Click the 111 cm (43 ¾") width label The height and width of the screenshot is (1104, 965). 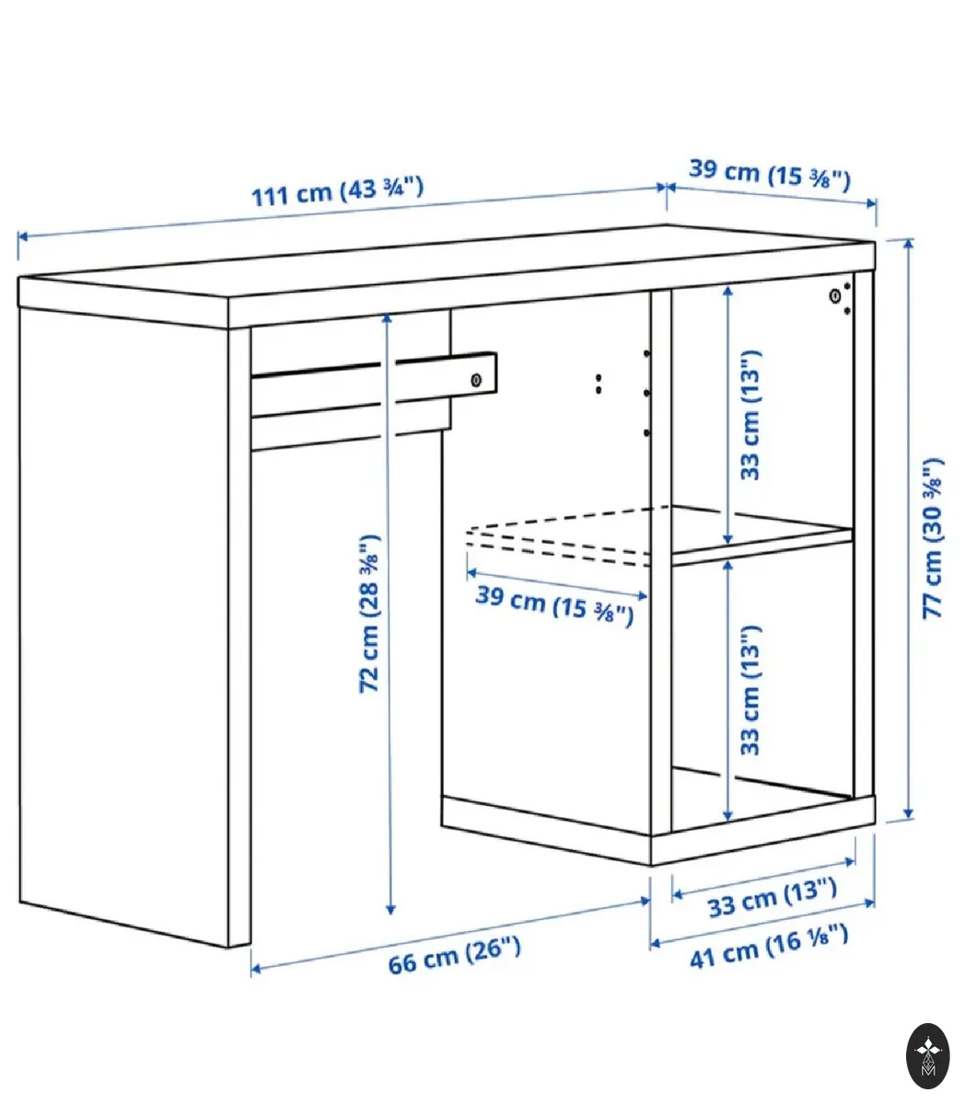coord(338,192)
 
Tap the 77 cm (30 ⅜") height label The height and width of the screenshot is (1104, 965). coord(933,538)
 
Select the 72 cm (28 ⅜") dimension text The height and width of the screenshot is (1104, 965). coord(370,614)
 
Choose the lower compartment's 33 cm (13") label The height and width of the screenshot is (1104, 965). coord(750,690)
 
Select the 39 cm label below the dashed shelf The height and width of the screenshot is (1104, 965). coord(554,606)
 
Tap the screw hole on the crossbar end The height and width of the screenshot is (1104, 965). coord(476,380)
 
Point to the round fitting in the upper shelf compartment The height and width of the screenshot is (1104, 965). coord(835,295)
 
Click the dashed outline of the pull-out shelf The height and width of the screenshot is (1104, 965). coord(559,535)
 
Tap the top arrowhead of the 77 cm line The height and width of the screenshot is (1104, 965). coord(908,245)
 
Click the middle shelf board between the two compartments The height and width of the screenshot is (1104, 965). coord(762,546)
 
